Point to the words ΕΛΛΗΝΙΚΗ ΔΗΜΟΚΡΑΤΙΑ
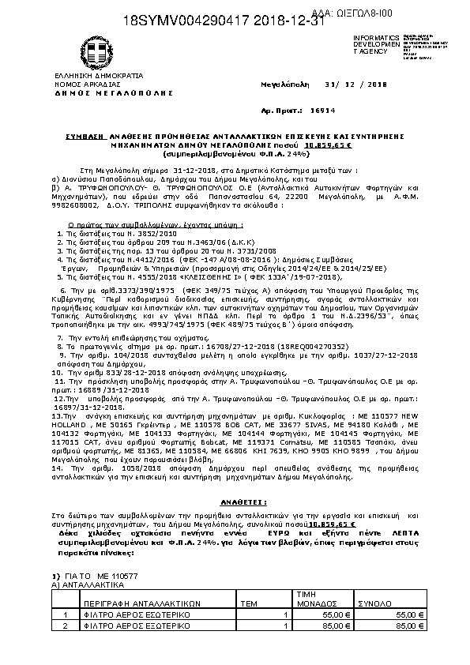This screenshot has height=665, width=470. point(88,75)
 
